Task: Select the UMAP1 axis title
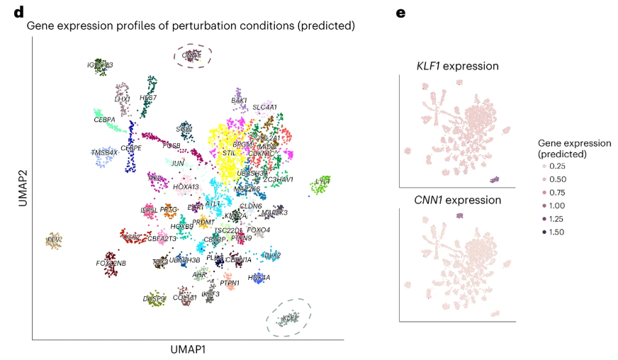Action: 188,349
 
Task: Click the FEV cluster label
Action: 52,240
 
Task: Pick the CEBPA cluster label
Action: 104,120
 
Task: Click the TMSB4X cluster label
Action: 104,152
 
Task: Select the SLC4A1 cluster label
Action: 264,108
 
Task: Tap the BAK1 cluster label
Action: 240,101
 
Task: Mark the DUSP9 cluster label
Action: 154,299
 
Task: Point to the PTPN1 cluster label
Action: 228,283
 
